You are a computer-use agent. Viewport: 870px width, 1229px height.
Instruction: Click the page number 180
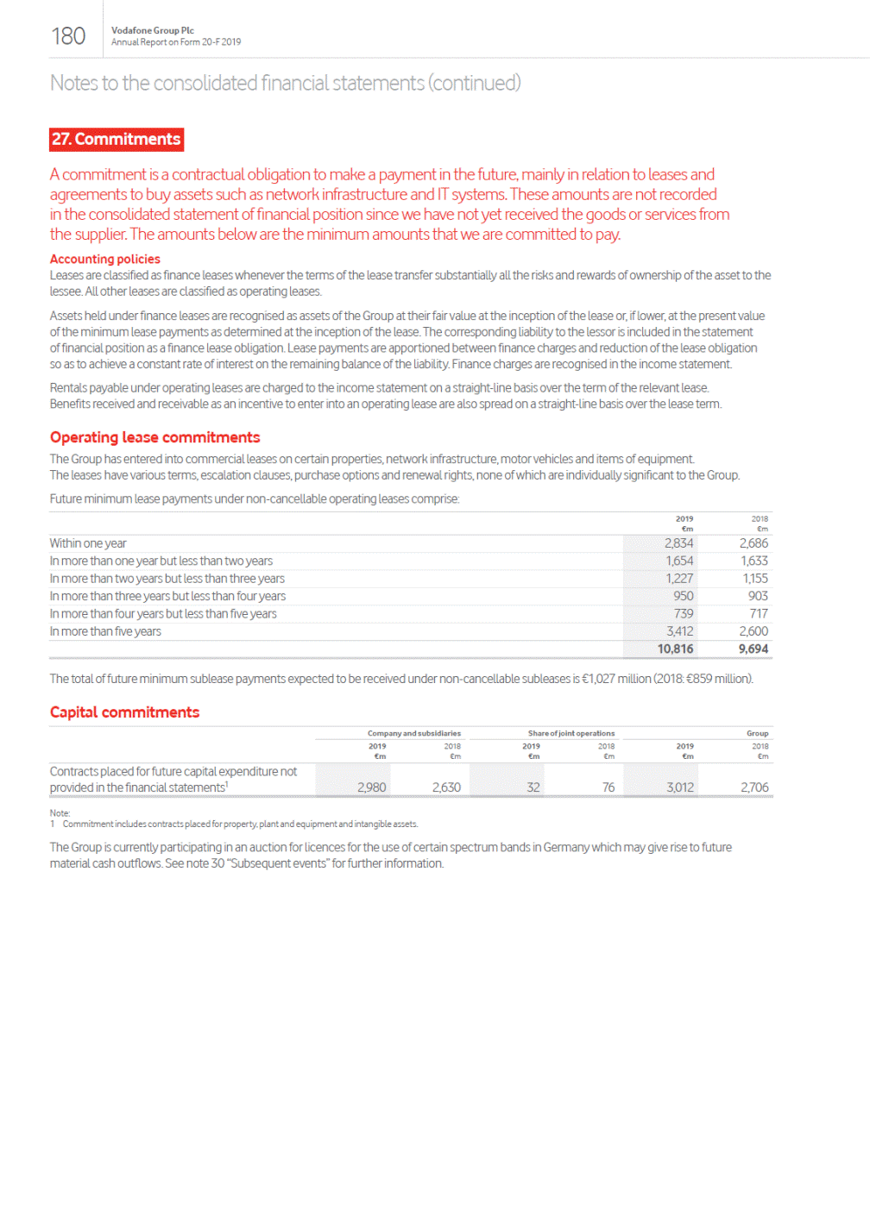pos(68,36)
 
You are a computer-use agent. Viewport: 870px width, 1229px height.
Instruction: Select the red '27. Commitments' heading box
pos(117,140)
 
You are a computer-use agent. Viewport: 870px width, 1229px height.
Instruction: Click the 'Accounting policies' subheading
pos(105,259)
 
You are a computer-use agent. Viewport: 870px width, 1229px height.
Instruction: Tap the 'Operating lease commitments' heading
pos(154,437)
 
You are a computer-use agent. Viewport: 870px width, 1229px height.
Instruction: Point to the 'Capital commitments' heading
pos(124,712)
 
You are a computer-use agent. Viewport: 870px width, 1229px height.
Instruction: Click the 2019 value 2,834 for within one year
pos(678,543)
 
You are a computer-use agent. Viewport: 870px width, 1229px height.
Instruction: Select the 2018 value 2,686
pos(753,543)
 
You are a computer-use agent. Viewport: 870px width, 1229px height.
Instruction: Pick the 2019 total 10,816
pos(675,649)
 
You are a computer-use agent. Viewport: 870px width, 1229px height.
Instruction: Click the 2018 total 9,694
pos(753,649)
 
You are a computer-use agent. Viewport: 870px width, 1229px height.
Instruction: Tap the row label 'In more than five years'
pos(105,631)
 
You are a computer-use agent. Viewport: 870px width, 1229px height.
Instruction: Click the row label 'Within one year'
pos(88,543)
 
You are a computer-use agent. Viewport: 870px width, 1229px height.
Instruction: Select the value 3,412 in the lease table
pos(680,631)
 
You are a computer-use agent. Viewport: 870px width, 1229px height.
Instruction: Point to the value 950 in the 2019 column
pos(683,596)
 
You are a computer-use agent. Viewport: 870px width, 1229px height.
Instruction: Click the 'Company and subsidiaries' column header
pos(413,733)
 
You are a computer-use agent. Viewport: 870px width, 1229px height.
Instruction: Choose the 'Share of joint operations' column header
pos(571,733)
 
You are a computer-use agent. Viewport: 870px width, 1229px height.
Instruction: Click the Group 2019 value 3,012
pos(680,787)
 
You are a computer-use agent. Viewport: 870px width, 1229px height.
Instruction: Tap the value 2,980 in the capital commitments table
pos(371,787)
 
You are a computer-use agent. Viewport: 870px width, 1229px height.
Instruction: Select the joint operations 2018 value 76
pos(608,787)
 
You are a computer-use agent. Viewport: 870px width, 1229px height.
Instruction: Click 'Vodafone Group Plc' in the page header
pos(153,30)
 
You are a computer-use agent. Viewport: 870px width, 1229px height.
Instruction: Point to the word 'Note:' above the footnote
pos(60,813)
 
